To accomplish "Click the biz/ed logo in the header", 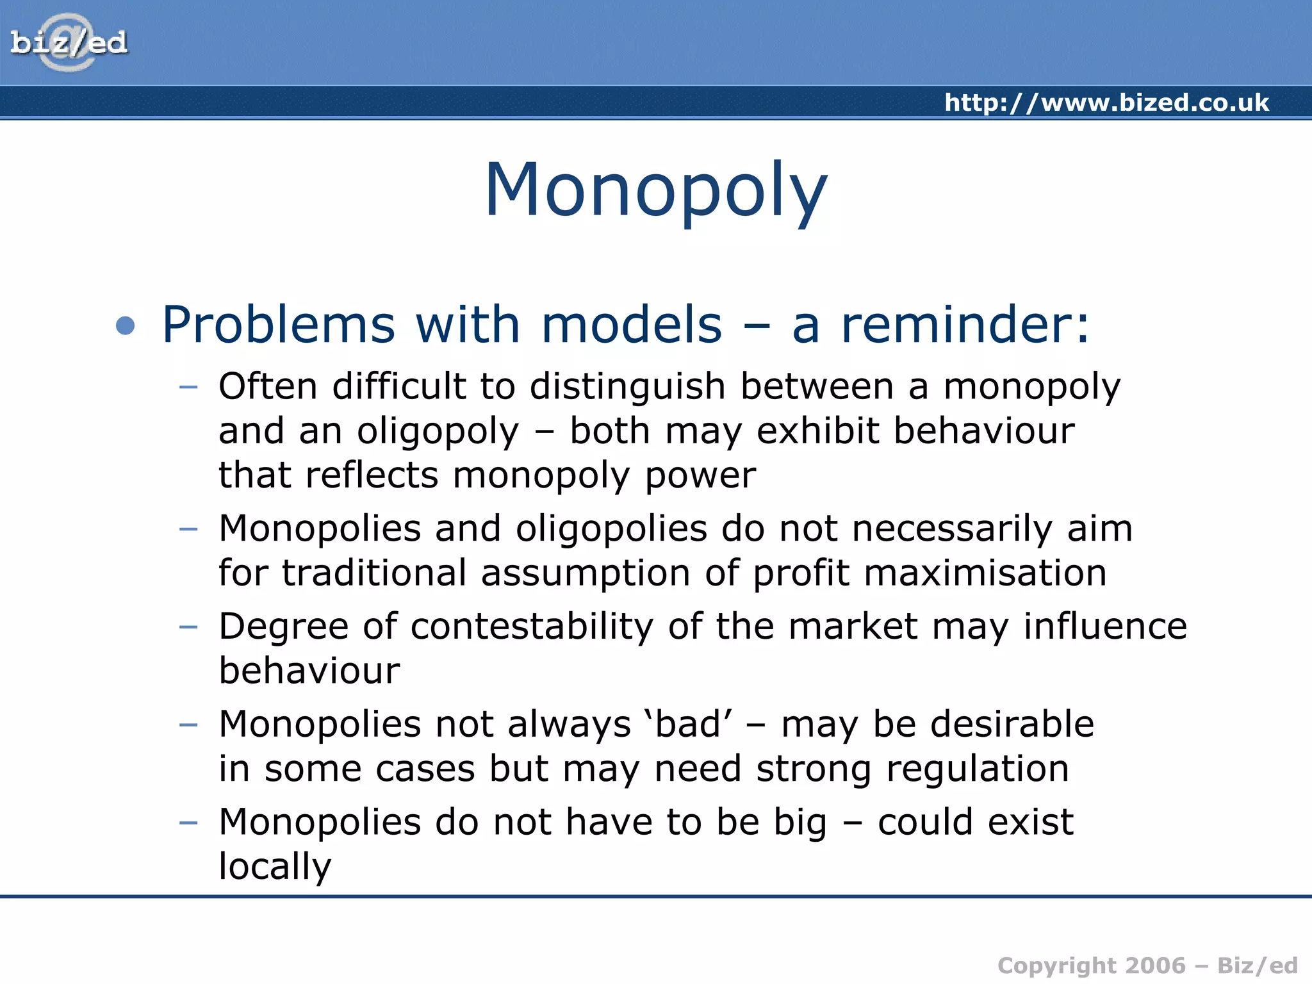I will pyautogui.click(x=69, y=43).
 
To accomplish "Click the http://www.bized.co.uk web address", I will pyautogui.click(x=1106, y=103).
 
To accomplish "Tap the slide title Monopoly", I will pyautogui.click(x=655, y=190).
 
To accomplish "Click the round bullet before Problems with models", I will pyautogui.click(x=126, y=325).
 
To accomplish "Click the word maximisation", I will pyautogui.click(x=985, y=573).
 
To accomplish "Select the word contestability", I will pyautogui.click(x=532, y=626).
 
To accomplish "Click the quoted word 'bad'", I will pyautogui.click(x=689, y=724).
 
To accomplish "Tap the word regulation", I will pyautogui.click(x=977, y=768).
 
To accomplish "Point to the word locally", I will pyautogui.click(x=275, y=867).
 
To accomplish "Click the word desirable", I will pyautogui.click(x=1012, y=724).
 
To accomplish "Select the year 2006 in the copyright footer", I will pyautogui.click(x=1156, y=965).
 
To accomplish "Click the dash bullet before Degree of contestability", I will pyautogui.click(x=188, y=627).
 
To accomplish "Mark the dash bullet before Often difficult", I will pyautogui.click(x=188, y=387).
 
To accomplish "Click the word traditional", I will pyautogui.click(x=374, y=573).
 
